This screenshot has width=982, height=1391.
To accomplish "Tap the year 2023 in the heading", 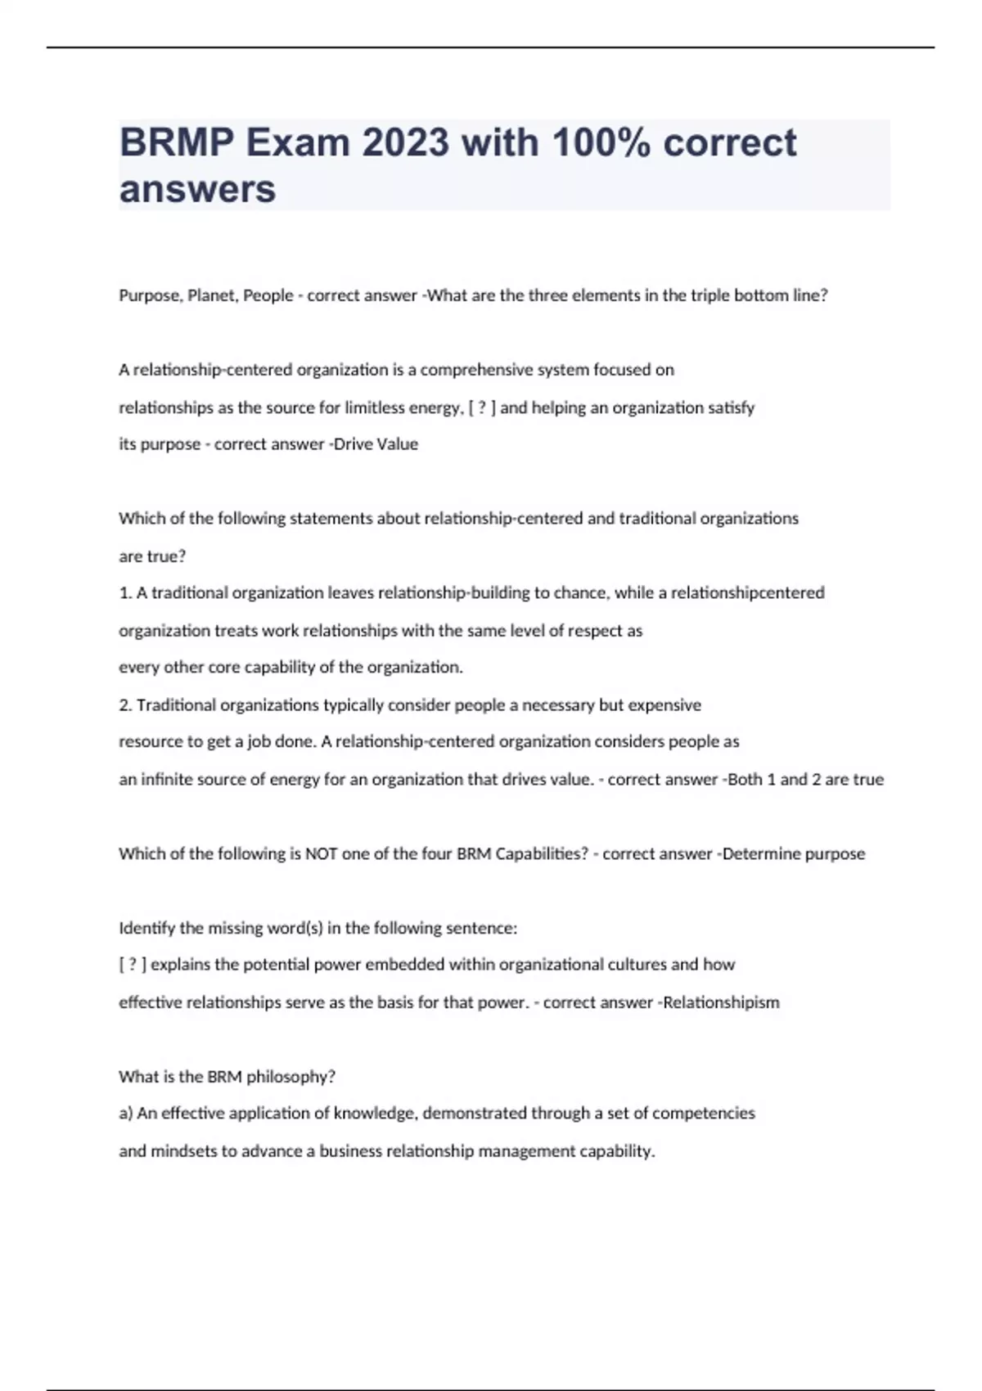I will [x=405, y=143].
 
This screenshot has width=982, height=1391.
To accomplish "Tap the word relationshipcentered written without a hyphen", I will [x=747, y=592].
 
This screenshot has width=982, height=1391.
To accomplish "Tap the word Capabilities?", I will [x=542, y=853].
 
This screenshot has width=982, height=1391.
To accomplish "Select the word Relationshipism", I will [x=721, y=1002].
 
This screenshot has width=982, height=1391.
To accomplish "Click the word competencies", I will [x=703, y=1113].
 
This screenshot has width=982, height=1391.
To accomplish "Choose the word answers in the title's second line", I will [x=197, y=189].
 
